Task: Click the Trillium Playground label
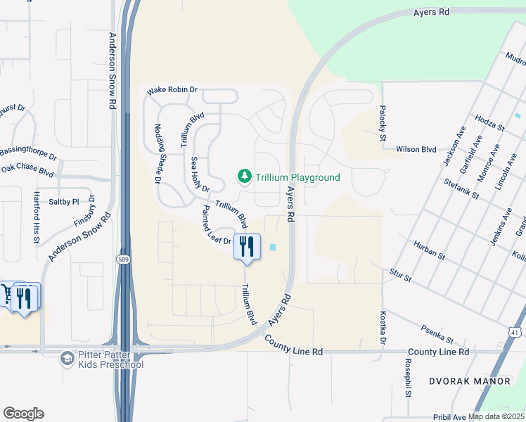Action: tap(297, 178)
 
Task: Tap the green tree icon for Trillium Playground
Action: tap(245, 176)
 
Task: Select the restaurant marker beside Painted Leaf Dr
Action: tap(246, 247)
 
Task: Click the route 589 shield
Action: tap(122, 260)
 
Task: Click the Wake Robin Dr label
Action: tap(172, 91)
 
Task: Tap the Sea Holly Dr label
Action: tap(200, 174)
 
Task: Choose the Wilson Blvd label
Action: tap(416, 149)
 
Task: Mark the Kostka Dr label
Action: tap(384, 328)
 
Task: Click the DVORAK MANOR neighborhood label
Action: tap(470, 381)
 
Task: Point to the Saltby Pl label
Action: tap(64, 201)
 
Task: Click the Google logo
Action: tap(23, 414)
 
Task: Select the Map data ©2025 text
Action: tap(496, 416)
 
